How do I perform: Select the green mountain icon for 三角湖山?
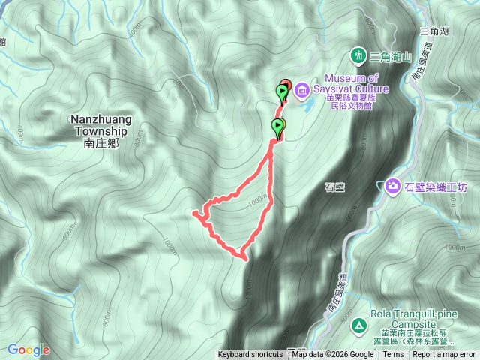pyautogui.click(x=358, y=55)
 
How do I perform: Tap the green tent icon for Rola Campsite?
pyautogui.click(x=358, y=325)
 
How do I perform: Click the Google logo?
pyautogui.click(x=28, y=349)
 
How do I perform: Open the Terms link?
pyautogui.click(x=393, y=355)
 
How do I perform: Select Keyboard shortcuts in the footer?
pyautogui.click(x=250, y=355)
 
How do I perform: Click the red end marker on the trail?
pyautogui.click(x=286, y=85)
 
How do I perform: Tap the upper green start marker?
pyautogui.click(x=281, y=93)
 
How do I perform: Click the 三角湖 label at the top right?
pyautogui.click(x=434, y=31)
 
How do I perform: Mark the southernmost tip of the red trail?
pyautogui.click(x=244, y=259)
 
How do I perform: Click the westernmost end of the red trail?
pyautogui.click(x=195, y=213)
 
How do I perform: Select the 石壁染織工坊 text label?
pyautogui.click(x=434, y=186)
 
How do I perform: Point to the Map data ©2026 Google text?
pyautogui.click(x=333, y=355)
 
